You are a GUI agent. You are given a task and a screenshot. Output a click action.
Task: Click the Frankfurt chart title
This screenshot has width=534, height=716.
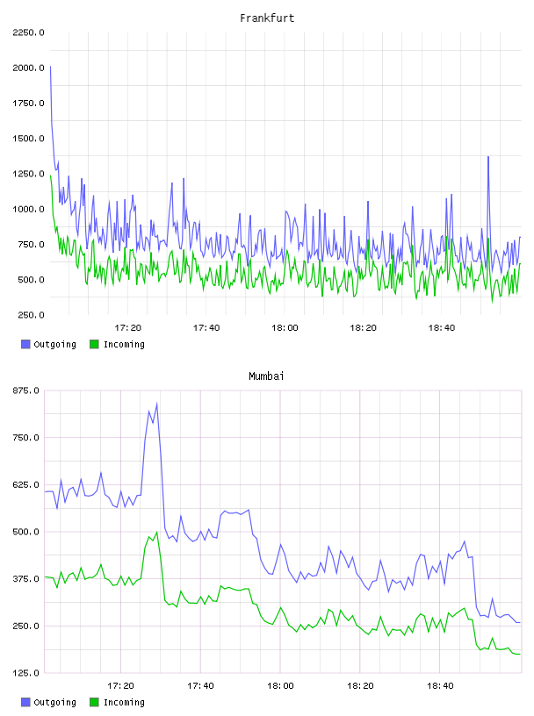click(267, 18)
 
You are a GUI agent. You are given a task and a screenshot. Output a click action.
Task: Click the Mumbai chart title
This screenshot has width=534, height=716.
click(266, 376)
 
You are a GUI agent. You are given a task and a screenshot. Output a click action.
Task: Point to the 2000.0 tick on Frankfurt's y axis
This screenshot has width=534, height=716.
click(28, 68)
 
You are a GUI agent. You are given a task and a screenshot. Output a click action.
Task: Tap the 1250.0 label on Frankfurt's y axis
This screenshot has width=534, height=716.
click(28, 174)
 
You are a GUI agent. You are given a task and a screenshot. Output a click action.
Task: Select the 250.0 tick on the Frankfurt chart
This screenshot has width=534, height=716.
click(31, 315)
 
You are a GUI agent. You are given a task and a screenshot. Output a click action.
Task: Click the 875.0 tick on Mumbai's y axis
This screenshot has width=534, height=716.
click(26, 390)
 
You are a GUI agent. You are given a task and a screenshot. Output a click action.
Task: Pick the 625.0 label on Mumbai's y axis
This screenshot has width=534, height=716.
click(26, 484)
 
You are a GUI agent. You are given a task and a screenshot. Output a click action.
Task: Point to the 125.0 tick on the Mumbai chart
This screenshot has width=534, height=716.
click(26, 673)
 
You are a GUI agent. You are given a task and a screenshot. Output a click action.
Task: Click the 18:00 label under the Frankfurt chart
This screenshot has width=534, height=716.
click(285, 327)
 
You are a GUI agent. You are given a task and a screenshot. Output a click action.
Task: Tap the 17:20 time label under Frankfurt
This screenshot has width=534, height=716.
click(127, 327)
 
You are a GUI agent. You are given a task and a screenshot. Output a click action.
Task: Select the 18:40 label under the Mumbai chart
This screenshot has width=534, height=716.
click(440, 685)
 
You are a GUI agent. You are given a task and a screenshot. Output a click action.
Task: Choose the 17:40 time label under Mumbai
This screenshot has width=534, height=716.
click(200, 685)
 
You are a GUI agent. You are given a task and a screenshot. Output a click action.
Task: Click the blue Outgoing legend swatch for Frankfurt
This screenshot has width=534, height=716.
click(25, 344)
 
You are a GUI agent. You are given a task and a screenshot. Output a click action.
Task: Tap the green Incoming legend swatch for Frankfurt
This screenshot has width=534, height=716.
click(94, 344)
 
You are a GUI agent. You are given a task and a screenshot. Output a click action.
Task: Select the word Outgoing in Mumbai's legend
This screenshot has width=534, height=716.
click(54, 702)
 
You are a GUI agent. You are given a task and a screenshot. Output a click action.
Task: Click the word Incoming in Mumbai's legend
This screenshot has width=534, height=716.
click(124, 702)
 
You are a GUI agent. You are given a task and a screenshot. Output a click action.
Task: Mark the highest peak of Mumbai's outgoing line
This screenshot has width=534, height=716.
click(157, 404)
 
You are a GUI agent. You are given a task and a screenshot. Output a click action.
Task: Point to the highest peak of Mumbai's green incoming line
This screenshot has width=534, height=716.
click(157, 532)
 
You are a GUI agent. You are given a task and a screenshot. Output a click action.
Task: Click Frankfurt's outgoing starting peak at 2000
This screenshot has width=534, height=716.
click(50, 67)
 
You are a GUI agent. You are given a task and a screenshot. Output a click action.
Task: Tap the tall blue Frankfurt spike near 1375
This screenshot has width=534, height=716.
click(488, 156)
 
